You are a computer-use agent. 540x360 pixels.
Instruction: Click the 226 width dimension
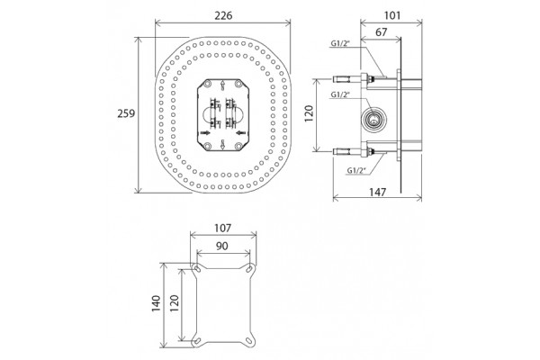pyautogui.click(x=223, y=15)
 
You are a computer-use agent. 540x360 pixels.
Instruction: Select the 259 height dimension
pyautogui.click(x=126, y=113)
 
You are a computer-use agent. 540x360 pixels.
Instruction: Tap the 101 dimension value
pyautogui.click(x=391, y=15)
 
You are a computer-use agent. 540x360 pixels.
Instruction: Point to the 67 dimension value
pyautogui.click(x=381, y=32)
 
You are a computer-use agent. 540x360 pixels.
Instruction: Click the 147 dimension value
pyautogui.click(x=377, y=192)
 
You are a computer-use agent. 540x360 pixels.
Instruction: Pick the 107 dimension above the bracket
pyautogui.click(x=223, y=228)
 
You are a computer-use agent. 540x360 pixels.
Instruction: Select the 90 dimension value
pyautogui.click(x=222, y=246)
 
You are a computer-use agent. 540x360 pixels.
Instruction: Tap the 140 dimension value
pyautogui.click(x=157, y=303)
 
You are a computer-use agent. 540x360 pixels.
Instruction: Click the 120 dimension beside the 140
pyautogui.click(x=175, y=303)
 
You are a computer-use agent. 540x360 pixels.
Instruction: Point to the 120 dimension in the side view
pyautogui.click(x=309, y=113)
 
